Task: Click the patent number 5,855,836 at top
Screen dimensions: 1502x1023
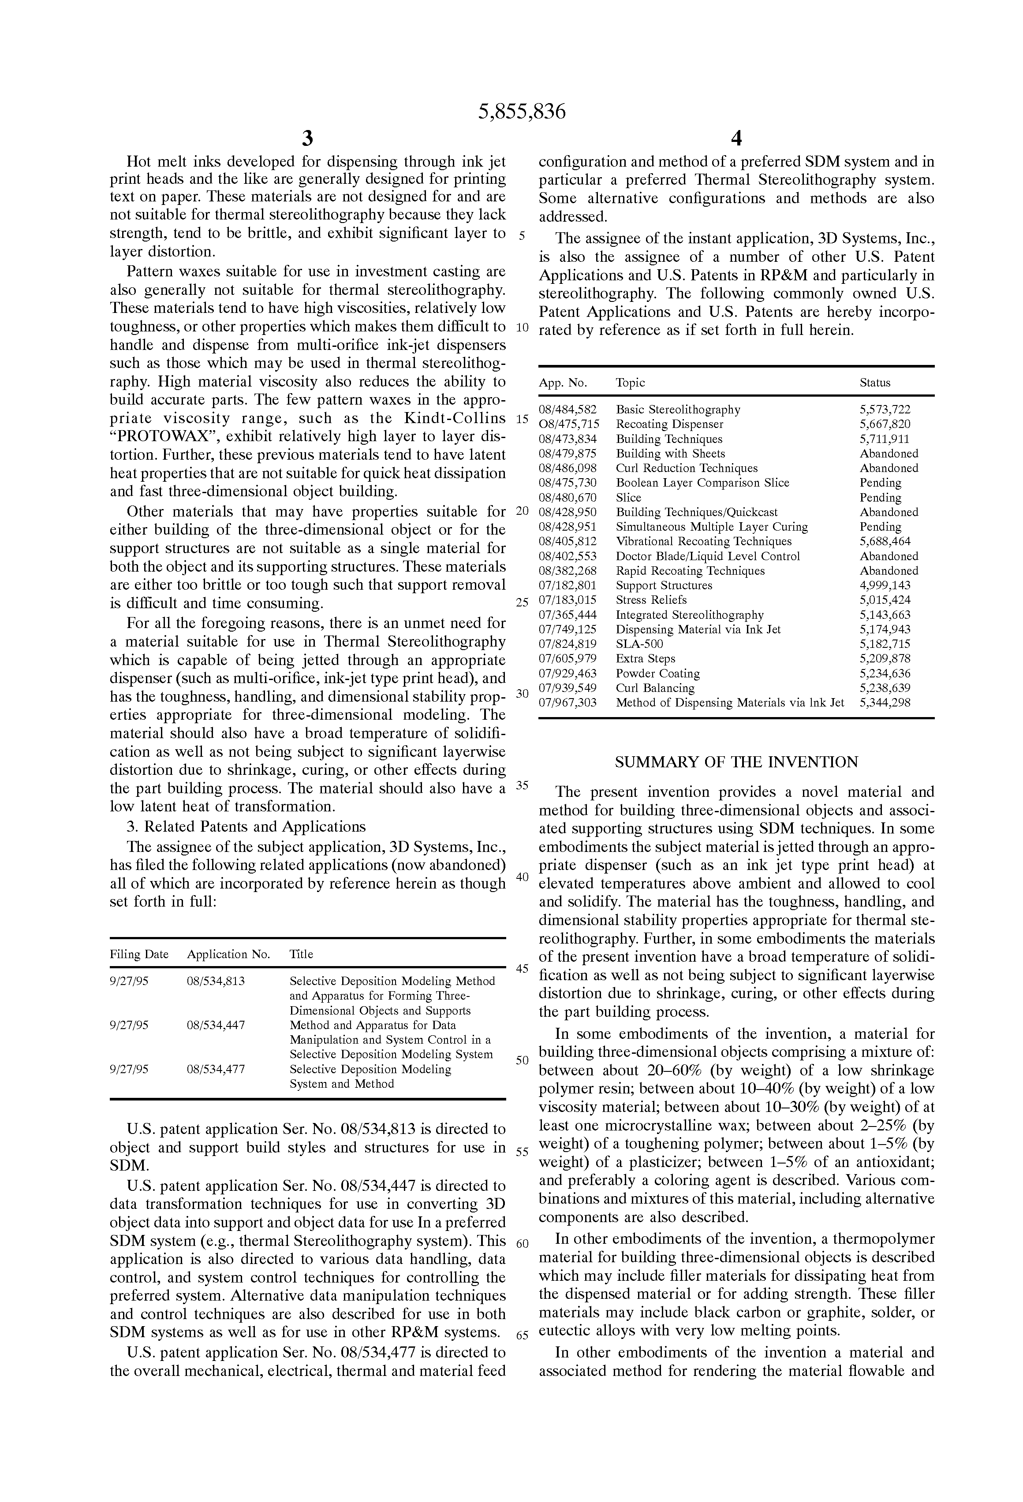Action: [x=521, y=112]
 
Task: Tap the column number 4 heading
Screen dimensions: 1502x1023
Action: [x=736, y=138]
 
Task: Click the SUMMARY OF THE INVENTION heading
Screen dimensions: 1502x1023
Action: [x=736, y=762]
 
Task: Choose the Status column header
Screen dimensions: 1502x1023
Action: [x=874, y=383]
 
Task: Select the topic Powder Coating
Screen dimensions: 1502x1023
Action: [x=657, y=673]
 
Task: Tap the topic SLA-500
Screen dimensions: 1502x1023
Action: [x=639, y=644]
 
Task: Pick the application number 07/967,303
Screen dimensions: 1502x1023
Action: [x=568, y=703]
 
